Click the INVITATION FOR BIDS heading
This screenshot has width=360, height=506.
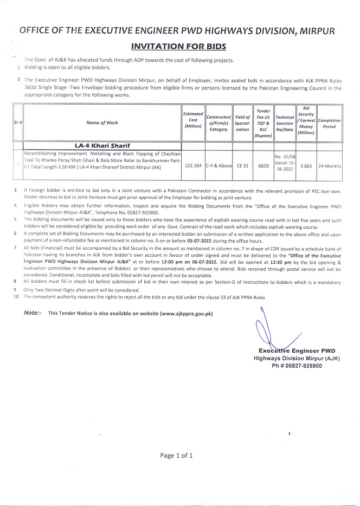pos(179,47)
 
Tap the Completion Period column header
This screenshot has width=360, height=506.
pos(329,123)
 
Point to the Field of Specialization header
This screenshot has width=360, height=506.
pos(242,123)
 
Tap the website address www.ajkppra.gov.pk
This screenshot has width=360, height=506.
pos(185,313)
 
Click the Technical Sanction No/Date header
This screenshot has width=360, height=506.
pos(285,123)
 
